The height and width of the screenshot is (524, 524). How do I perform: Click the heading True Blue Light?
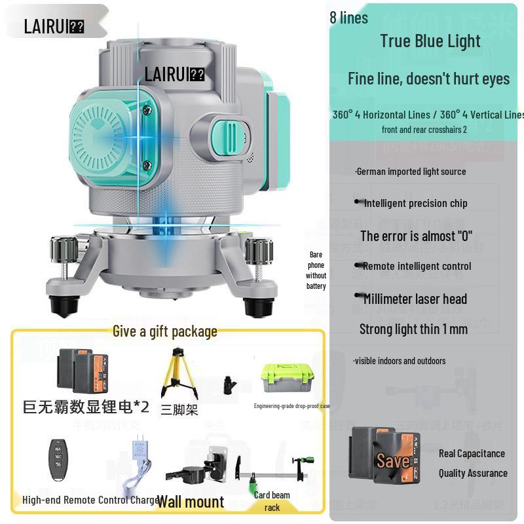click(x=430, y=41)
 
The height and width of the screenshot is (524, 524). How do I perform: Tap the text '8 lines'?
click(x=348, y=18)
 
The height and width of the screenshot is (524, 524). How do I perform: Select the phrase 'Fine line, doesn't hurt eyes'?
click(x=428, y=79)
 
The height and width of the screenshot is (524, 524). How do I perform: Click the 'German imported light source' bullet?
click(x=411, y=172)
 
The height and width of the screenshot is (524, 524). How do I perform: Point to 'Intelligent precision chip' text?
click(x=415, y=203)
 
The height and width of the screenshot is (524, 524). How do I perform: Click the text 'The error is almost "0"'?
click(x=416, y=236)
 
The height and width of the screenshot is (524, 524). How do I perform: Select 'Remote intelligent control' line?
click(x=417, y=266)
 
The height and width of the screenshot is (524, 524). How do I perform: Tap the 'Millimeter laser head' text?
click(x=415, y=299)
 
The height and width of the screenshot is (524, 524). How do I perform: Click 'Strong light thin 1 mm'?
click(x=413, y=329)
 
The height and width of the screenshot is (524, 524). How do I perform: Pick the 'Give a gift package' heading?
click(x=164, y=331)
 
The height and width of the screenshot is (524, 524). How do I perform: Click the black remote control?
click(x=58, y=459)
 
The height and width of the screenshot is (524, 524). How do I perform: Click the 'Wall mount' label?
click(x=190, y=502)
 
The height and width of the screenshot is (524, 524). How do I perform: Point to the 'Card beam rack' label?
click(x=272, y=501)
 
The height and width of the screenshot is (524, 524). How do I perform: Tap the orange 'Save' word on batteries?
click(x=393, y=460)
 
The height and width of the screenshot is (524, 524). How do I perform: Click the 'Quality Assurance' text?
click(x=472, y=473)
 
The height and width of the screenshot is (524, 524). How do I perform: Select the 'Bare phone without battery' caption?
click(x=316, y=270)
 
